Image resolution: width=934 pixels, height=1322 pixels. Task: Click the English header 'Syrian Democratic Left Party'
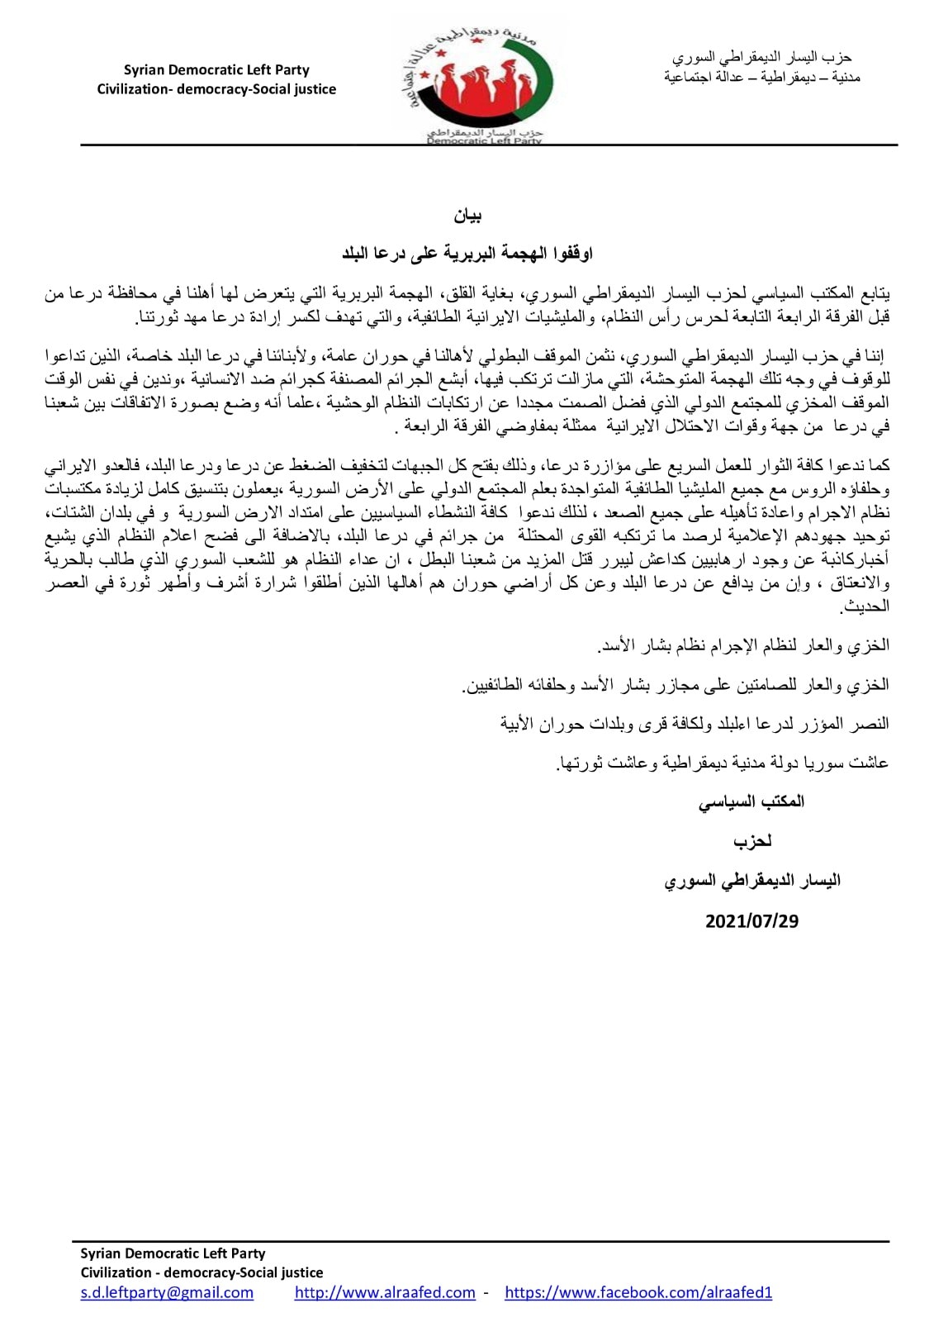coord(216,70)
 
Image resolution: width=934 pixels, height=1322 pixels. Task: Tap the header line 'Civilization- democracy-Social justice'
coord(216,89)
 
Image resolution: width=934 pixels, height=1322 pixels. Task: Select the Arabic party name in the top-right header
coord(761,57)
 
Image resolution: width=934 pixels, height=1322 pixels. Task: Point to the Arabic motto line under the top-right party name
coord(761,77)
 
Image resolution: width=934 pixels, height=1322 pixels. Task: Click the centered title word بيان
coord(467,216)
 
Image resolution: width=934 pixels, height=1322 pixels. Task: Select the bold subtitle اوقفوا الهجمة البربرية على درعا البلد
coord(467,254)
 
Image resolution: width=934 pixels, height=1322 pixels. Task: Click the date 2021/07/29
coord(751,921)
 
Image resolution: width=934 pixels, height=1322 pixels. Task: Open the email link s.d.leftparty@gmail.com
coord(167,1292)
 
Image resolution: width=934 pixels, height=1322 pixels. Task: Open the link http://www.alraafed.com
coord(385,1292)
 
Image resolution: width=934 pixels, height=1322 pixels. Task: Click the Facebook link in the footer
coord(638,1292)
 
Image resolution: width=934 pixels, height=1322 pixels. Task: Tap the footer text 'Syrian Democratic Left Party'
coord(173,1253)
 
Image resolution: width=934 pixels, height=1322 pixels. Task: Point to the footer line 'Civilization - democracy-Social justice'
coord(201,1272)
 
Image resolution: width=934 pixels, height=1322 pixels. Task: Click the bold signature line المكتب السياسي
coord(751,801)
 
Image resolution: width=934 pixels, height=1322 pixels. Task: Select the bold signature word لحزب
coord(752,841)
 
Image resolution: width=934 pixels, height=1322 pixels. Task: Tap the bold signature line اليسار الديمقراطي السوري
coord(751,881)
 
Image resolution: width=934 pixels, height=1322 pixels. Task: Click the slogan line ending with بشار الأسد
coord(742,645)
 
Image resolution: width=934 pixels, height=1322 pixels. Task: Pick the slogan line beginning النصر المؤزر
coord(694,724)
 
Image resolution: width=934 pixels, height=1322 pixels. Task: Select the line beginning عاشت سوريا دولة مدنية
coord(723,763)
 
